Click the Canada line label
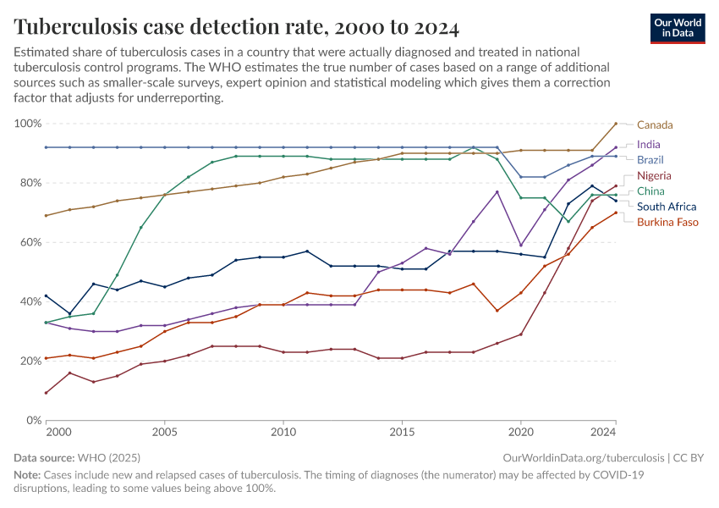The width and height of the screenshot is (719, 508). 655,125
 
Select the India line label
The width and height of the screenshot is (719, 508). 649,145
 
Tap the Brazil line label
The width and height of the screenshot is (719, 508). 650,160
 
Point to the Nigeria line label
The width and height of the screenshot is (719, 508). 654,175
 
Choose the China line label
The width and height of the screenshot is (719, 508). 650,191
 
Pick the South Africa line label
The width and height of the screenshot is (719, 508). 667,207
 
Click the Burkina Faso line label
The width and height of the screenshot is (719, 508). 667,222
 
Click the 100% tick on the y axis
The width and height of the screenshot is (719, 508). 28,124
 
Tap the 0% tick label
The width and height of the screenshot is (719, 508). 33,420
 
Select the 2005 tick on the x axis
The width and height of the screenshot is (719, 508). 164,433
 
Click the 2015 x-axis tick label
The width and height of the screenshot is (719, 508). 402,433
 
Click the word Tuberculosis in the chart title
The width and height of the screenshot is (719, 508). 83,28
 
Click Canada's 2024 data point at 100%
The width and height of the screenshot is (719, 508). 616,124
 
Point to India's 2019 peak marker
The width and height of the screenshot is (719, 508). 497,192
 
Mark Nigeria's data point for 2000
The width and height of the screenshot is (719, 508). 46,392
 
